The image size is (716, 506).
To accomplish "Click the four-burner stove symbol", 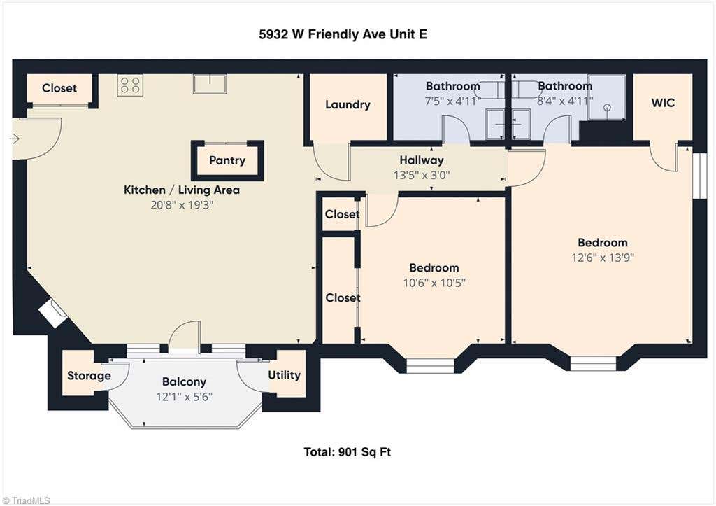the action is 129,85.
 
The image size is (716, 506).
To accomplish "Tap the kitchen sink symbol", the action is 210,84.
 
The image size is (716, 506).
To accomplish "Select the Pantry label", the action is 227,160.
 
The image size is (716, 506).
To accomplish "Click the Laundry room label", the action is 348,105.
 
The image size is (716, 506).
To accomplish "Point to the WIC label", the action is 663,102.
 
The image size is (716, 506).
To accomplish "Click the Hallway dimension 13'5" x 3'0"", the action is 422,175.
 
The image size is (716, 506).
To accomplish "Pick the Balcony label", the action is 184,381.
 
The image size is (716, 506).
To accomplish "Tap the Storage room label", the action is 89,376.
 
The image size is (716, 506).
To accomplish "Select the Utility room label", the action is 284,375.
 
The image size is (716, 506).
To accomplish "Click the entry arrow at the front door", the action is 14,139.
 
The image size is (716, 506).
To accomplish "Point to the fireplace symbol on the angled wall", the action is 53,313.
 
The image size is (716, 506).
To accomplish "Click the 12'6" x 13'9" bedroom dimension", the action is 603,258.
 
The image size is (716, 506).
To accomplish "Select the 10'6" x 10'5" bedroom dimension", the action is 434,283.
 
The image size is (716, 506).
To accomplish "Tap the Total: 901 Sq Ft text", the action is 347,452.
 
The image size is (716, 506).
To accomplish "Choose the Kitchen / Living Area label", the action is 182,190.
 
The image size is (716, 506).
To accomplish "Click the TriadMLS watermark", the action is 26,500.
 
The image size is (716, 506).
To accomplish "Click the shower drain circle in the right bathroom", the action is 608,108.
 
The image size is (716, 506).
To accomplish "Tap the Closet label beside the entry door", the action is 59,88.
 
